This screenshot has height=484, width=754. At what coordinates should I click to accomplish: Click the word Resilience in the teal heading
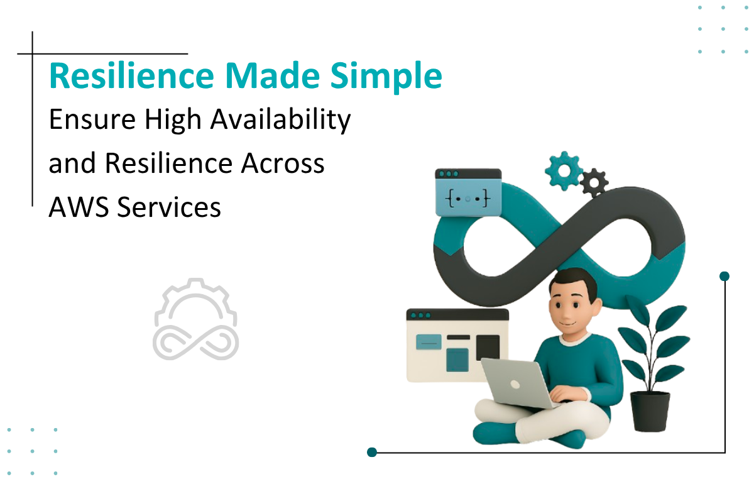pyautogui.click(x=131, y=76)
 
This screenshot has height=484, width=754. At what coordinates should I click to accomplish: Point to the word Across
pyautogui.click(x=283, y=163)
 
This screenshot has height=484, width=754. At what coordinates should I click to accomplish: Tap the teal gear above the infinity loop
pyautogui.click(x=564, y=171)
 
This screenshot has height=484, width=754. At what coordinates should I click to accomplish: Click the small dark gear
pyautogui.click(x=594, y=182)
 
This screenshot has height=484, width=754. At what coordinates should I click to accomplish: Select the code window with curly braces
pyautogui.click(x=468, y=192)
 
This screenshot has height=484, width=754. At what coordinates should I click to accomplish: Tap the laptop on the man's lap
pyautogui.click(x=520, y=383)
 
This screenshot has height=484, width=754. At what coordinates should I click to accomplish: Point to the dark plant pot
pyautogui.click(x=650, y=411)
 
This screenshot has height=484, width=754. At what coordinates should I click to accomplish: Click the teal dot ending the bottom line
pyautogui.click(x=371, y=452)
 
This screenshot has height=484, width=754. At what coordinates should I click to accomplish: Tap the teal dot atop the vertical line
pyautogui.click(x=724, y=276)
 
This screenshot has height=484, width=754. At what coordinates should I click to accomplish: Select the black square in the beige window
pyautogui.click(x=488, y=347)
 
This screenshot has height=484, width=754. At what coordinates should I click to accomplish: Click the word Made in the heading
pyautogui.click(x=272, y=76)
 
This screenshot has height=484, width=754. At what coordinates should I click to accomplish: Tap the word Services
pyautogui.click(x=169, y=207)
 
